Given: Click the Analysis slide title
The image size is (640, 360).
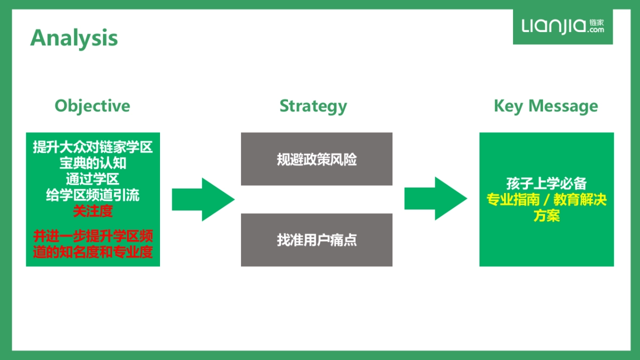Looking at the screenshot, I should point(74,38).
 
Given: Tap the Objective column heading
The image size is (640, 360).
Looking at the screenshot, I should point(92,106).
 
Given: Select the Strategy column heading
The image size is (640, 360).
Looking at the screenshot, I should point(313,106).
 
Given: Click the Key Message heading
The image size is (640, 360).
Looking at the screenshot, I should point(546,106).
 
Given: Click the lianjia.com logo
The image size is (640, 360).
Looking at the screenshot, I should point(563,26).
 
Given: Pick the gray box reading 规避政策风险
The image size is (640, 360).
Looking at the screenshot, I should point(316,159).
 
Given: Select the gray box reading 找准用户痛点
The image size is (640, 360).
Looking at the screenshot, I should point(316,240).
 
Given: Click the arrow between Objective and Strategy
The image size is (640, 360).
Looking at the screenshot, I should point(203,199).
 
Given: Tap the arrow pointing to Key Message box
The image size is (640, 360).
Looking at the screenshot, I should point(436,199).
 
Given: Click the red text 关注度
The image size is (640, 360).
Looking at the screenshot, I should point(93,211).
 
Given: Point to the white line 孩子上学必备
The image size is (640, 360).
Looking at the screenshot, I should point(546,183).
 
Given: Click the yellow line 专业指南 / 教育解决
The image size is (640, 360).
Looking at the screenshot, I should point(546,200).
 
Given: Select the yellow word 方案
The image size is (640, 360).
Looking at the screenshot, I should point(546,216).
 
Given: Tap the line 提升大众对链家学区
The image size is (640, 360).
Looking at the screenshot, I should point(93,147).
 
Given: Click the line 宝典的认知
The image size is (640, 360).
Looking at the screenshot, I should point(93,163).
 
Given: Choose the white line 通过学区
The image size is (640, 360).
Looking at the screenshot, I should point(93,179).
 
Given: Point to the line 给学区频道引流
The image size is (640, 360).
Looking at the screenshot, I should point(93,195).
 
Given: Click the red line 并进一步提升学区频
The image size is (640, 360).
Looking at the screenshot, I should point(93,236).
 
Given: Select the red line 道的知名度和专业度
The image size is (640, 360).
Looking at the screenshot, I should point(93,252).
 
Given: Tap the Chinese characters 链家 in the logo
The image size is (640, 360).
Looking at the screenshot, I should point(597,23).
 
